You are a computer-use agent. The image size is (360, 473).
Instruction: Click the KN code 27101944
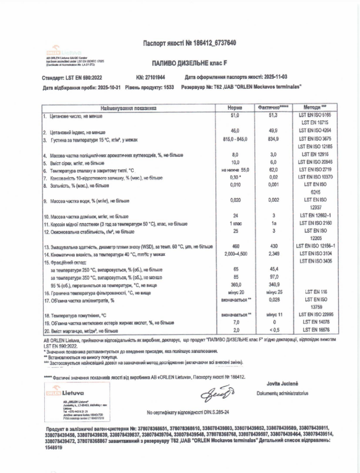[x=156, y=78]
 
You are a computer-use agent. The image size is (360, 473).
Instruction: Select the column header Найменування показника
[x=129, y=108]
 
